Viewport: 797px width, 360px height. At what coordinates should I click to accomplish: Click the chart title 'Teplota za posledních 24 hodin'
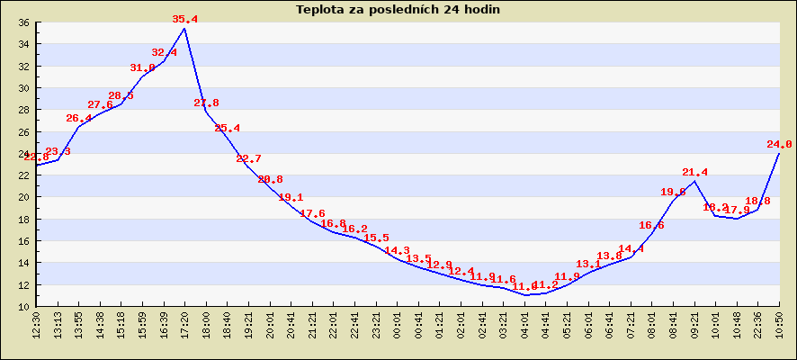click(398, 10)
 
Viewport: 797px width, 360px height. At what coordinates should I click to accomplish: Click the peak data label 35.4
click(184, 19)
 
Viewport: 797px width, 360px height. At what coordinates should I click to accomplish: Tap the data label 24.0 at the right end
click(779, 144)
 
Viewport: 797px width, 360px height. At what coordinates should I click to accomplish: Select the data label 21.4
click(694, 172)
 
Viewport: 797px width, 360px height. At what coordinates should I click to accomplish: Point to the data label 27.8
click(206, 103)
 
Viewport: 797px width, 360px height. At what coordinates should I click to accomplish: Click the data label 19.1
click(291, 198)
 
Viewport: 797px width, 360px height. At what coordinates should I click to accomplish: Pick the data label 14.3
click(397, 251)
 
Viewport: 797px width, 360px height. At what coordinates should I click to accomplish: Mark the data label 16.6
click(651, 226)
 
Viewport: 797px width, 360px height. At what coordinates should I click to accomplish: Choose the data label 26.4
click(79, 119)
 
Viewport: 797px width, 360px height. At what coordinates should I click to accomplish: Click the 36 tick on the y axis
click(23, 22)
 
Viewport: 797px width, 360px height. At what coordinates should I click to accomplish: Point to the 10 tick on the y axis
click(23, 307)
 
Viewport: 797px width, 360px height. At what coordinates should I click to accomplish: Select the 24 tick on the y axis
click(23, 154)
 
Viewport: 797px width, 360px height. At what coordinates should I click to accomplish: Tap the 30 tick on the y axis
click(23, 88)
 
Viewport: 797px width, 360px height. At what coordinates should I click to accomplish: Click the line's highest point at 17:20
click(184, 29)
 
